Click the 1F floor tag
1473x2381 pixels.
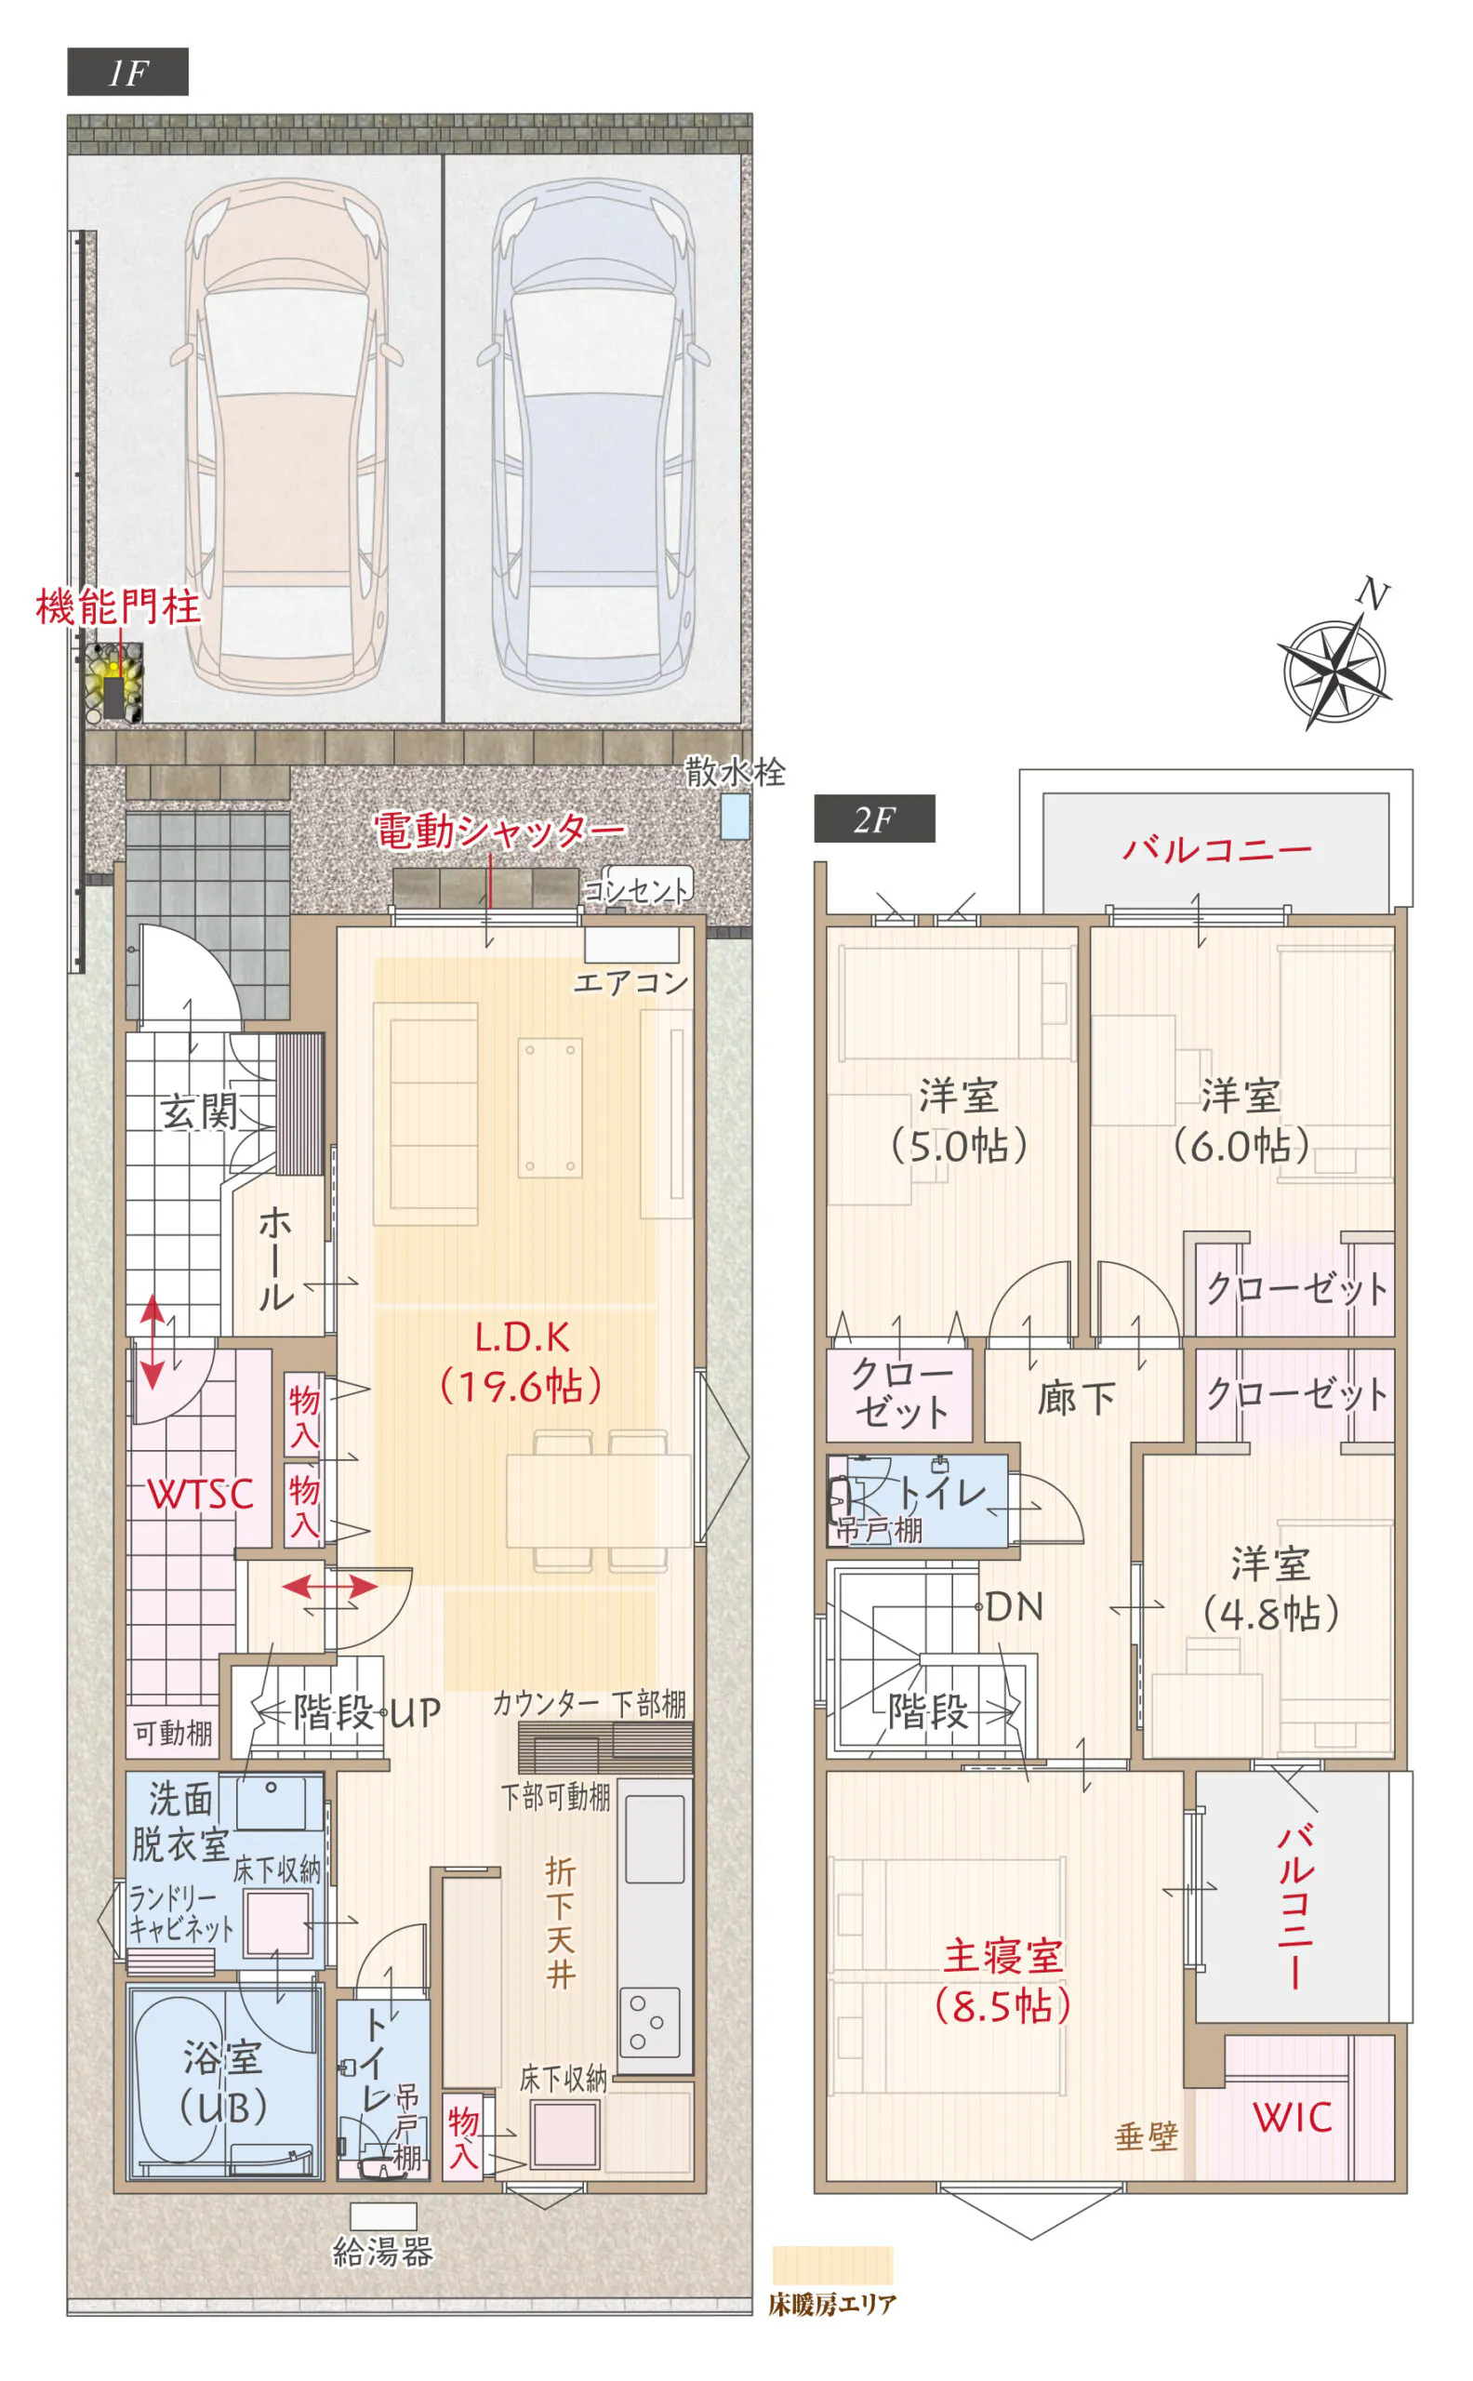tap(127, 73)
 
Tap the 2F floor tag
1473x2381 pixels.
tap(875, 819)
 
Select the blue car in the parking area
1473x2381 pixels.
tap(593, 435)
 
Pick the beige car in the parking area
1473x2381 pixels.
tap(286, 435)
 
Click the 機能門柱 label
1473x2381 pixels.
tap(118, 608)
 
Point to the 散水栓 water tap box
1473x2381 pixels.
tap(736, 817)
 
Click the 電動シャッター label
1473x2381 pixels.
tap(499, 831)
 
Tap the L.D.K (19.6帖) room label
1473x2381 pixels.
tap(523, 1362)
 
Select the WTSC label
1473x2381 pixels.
tap(201, 1495)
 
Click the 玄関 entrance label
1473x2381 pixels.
tap(199, 1111)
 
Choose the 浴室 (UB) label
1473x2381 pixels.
tap(223, 2084)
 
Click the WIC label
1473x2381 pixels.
tap(1292, 2118)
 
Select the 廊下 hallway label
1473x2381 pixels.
tap(1077, 1398)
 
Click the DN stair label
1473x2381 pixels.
tap(1015, 1607)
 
